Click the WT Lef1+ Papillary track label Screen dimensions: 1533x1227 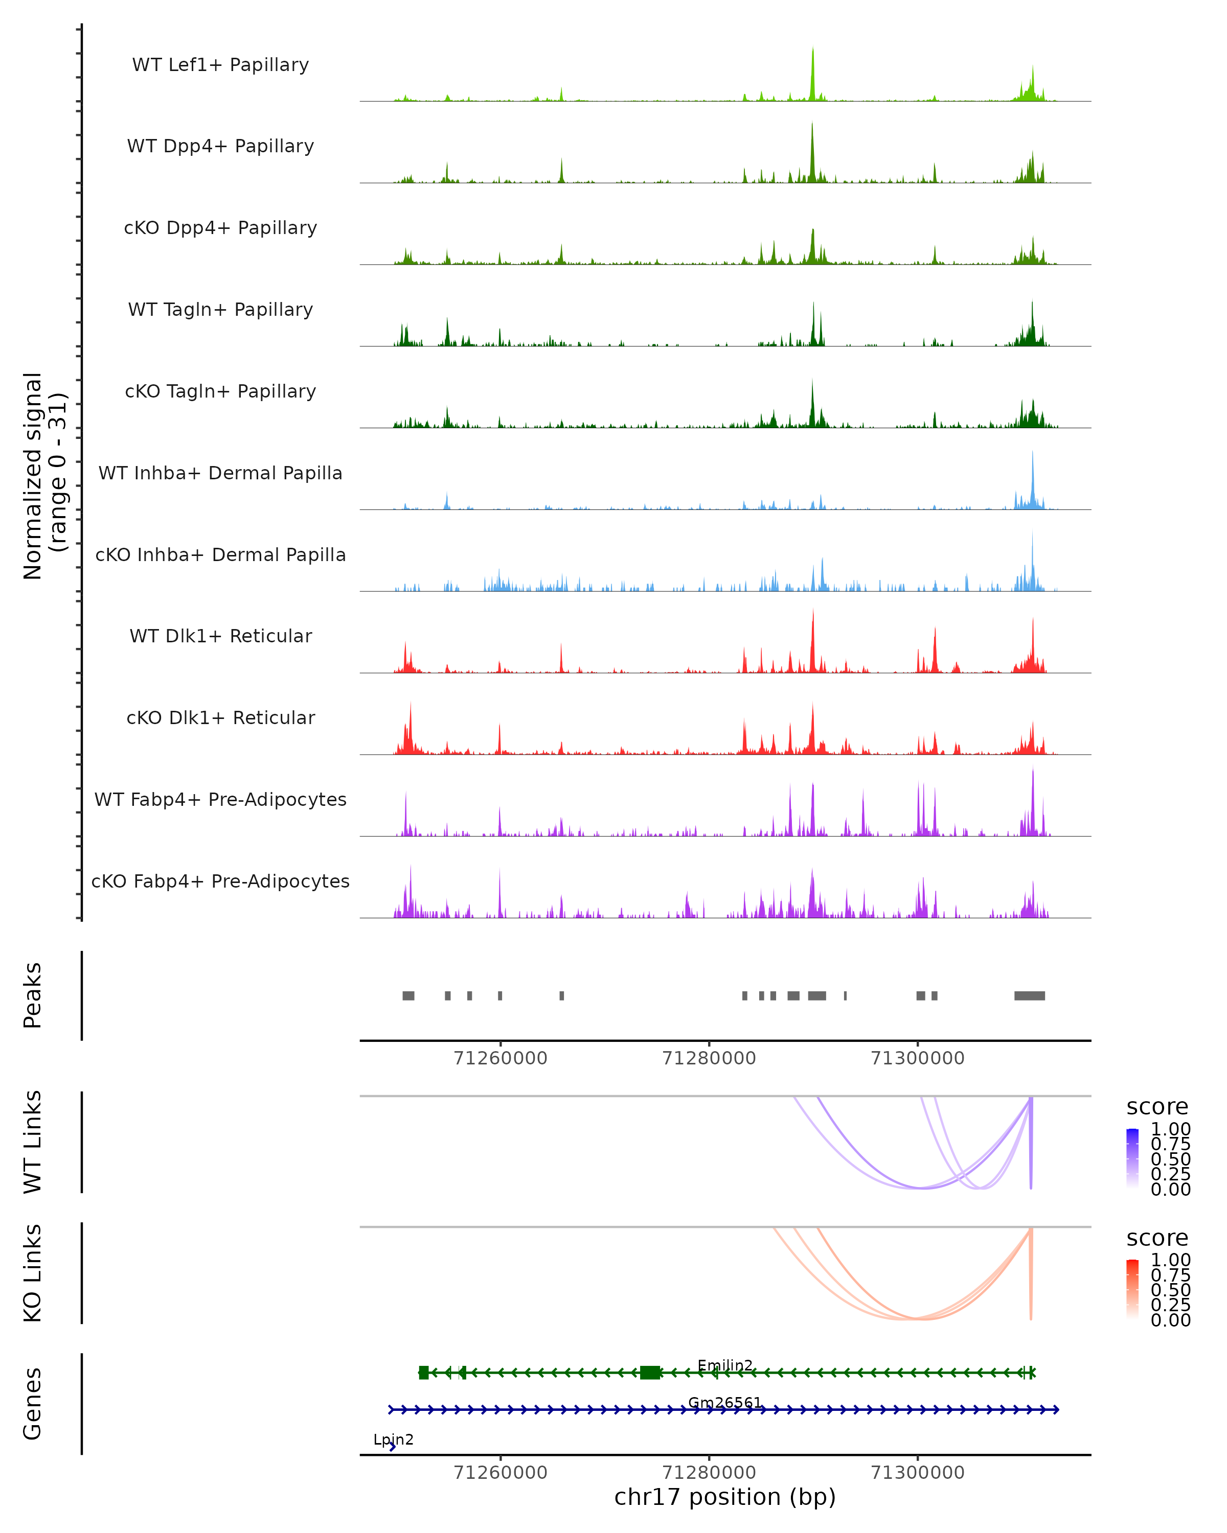pyautogui.click(x=220, y=65)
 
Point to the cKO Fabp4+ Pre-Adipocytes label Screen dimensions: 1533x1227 pyautogui.click(x=220, y=881)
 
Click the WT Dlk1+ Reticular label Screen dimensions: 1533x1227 pyautogui.click(x=220, y=636)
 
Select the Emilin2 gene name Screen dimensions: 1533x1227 pyautogui.click(x=725, y=1365)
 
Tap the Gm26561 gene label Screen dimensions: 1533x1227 pyautogui.click(x=725, y=1402)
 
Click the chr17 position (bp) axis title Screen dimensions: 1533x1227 pyautogui.click(x=725, y=1497)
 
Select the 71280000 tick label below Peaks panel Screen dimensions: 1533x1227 pyautogui.click(x=709, y=1058)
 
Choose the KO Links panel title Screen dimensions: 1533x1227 pyautogui.click(x=33, y=1273)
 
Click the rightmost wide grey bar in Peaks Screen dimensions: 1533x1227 pyautogui.click(x=1029, y=995)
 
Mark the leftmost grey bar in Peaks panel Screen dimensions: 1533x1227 pyautogui.click(x=408, y=995)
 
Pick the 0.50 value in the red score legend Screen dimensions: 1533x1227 pyautogui.click(x=1171, y=1290)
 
